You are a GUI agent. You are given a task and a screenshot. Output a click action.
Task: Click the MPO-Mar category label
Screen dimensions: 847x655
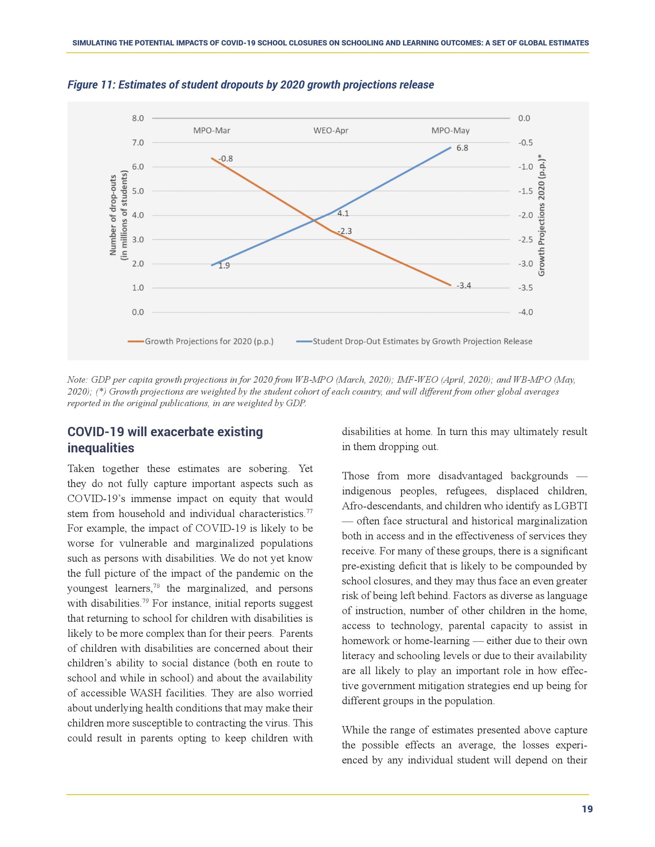(x=212, y=131)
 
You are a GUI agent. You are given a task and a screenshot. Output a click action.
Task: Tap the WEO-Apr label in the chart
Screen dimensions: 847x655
(x=331, y=131)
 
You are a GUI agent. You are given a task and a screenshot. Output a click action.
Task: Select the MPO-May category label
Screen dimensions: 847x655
(x=450, y=131)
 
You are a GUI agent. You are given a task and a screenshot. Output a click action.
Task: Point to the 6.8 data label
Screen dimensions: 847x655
(x=462, y=148)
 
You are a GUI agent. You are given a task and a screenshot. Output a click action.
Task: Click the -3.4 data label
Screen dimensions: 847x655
(x=463, y=286)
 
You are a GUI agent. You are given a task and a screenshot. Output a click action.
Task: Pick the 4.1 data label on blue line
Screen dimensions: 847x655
(x=343, y=213)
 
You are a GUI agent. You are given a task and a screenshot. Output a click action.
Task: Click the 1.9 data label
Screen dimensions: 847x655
(x=224, y=266)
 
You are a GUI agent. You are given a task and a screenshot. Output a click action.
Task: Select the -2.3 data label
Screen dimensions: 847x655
(x=344, y=231)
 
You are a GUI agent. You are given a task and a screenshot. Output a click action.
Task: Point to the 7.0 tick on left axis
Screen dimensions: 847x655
(x=138, y=143)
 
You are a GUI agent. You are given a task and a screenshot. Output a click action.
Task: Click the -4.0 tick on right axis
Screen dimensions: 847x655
(x=526, y=312)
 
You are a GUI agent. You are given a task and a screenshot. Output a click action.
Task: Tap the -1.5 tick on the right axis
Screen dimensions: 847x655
(x=526, y=191)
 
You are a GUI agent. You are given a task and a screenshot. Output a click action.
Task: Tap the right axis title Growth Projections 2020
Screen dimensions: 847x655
(x=542, y=215)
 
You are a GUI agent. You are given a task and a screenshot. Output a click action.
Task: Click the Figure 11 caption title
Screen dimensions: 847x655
(x=250, y=85)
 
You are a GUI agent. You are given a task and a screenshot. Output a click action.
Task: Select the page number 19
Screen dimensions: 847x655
(x=587, y=809)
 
